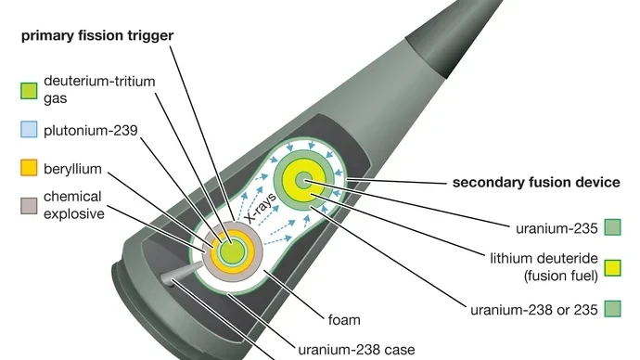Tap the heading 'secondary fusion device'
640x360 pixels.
click(536, 183)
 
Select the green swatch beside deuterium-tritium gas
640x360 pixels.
click(29, 91)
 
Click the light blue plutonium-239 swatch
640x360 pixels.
click(29, 131)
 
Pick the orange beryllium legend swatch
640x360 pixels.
click(29, 170)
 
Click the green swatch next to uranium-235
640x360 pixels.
click(611, 225)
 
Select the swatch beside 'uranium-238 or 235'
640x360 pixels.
click(611, 308)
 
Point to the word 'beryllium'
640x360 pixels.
click(78, 170)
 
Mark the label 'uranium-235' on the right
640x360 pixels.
click(555, 225)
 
